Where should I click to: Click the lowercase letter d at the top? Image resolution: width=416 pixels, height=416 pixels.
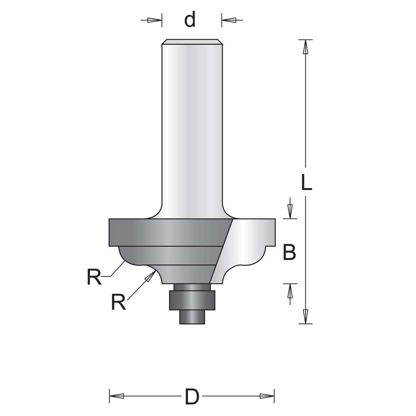[190, 19]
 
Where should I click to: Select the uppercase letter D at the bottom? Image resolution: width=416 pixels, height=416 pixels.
[192, 396]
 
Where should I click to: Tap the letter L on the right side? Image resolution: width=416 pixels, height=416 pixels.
[307, 182]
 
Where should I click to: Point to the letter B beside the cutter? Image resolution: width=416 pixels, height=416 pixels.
[289, 253]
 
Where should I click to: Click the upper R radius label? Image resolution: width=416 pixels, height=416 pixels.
[94, 277]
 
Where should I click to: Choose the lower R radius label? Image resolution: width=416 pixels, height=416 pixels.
[118, 302]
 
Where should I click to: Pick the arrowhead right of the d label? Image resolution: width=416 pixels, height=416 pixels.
[229, 20]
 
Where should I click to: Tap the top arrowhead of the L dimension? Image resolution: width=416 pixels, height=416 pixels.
[306, 47]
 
